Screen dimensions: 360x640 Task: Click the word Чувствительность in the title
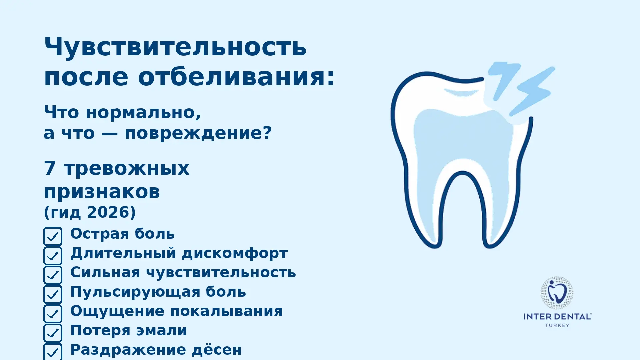(175, 47)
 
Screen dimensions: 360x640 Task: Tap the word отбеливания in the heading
(236, 77)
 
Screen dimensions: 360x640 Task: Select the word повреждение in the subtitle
(198, 133)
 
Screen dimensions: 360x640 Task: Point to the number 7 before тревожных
(50, 168)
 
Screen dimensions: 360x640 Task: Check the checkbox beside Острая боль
(53, 236)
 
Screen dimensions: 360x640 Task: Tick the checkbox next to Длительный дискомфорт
(53, 256)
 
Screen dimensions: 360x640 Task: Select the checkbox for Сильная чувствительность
(53, 275)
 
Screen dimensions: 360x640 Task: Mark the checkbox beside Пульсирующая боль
(53, 294)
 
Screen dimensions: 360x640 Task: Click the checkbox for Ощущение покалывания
(53, 314)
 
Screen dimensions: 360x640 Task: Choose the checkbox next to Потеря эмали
(53, 333)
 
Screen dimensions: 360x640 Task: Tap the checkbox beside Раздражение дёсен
(53, 352)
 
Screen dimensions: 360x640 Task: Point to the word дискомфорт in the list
(235, 253)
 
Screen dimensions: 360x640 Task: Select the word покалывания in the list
(226, 311)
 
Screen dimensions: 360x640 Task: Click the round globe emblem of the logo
(557, 293)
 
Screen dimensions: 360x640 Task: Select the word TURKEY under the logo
(557, 325)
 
